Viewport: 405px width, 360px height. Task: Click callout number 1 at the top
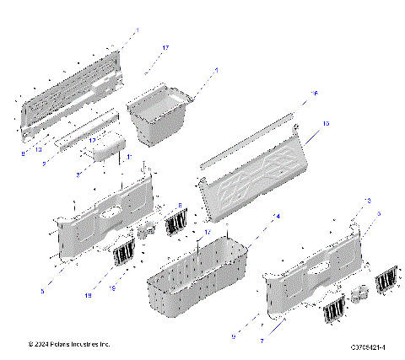[x=137, y=31]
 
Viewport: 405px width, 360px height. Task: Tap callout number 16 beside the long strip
[x=315, y=94]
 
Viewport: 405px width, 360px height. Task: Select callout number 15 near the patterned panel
[x=324, y=125]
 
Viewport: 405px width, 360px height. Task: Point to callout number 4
[x=277, y=217]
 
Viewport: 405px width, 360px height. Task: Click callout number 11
[x=128, y=158]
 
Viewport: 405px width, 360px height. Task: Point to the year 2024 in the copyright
[x=38, y=345]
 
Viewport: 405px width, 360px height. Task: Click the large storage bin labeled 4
[x=199, y=271]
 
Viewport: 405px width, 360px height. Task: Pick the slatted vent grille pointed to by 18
[x=124, y=252]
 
